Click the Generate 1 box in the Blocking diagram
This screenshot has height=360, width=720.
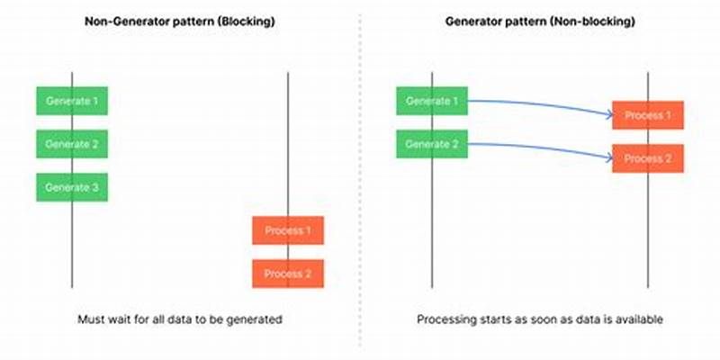pyautogui.click(x=72, y=101)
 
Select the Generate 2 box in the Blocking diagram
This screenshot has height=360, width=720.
pyautogui.click(x=72, y=144)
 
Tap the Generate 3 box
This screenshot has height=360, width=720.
pyautogui.click(x=72, y=187)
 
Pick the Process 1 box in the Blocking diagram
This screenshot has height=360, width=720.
pyautogui.click(x=288, y=230)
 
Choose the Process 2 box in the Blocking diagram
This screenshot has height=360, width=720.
pyautogui.click(x=288, y=274)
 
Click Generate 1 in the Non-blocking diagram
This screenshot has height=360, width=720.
pyautogui.click(x=432, y=101)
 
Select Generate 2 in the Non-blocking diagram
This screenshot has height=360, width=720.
pyautogui.click(x=432, y=144)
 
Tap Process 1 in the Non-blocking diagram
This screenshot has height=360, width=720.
pyautogui.click(x=648, y=115)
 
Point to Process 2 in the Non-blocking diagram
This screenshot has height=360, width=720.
pyautogui.click(x=648, y=158)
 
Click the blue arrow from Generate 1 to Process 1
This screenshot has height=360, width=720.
pyautogui.click(x=540, y=104)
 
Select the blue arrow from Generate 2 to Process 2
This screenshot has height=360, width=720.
pyautogui.click(x=540, y=148)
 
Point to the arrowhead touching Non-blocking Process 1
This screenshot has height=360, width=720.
pyautogui.click(x=607, y=115)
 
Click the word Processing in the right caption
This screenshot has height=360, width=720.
pyautogui.click(x=444, y=319)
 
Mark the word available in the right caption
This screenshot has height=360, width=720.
pyautogui.click(x=637, y=319)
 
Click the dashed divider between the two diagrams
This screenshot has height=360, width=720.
pyautogui.click(x=360, y=180)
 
